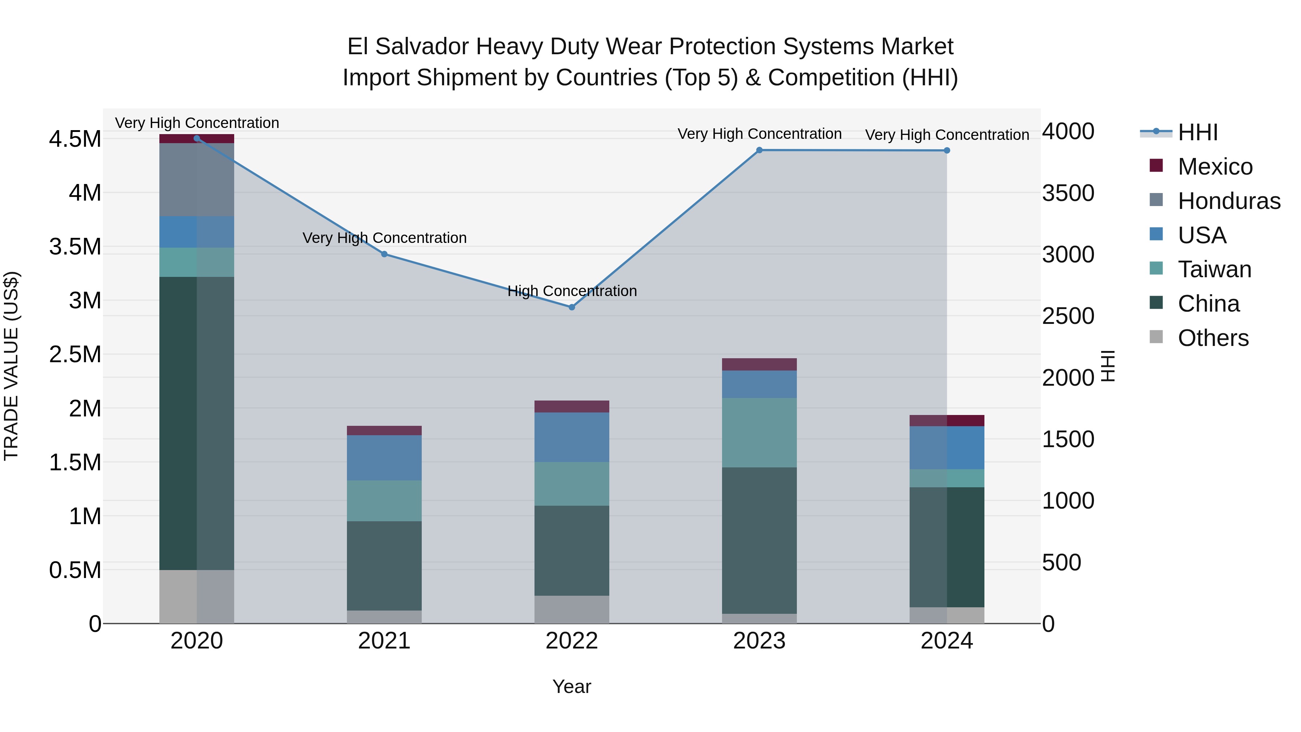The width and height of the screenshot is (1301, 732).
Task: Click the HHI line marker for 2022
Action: click(x=572, y=307)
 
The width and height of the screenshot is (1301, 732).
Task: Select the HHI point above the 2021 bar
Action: click(x=385, y=254)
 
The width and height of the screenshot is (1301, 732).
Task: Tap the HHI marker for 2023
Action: click(x=759, y=150)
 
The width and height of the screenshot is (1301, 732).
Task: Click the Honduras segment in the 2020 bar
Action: click(x=197, y=180)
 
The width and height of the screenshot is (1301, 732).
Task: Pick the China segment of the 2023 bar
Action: click(x=759, y=540)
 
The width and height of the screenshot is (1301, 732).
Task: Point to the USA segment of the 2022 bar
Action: click(x=572, y=437)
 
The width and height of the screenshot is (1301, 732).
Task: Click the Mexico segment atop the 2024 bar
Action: click(x=946, y=420)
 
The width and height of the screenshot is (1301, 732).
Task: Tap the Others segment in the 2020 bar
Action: click(x=197, y=596)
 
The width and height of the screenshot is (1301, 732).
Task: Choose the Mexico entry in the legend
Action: click(x=1215, y=167)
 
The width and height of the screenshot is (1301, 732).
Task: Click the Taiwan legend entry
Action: click(x=1214, y=269)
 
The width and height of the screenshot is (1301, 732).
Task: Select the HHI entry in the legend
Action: click(x=1198, y=132)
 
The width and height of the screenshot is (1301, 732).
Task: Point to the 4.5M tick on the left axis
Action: click(x=75, y=139)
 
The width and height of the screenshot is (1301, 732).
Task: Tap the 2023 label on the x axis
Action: click(x=759, y=641)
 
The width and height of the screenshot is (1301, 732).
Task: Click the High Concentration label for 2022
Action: click(x=572, y=291)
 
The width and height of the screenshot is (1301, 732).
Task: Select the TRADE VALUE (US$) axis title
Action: click(x=11, y=366)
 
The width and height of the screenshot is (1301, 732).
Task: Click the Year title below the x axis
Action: click(x=571, y=686)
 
